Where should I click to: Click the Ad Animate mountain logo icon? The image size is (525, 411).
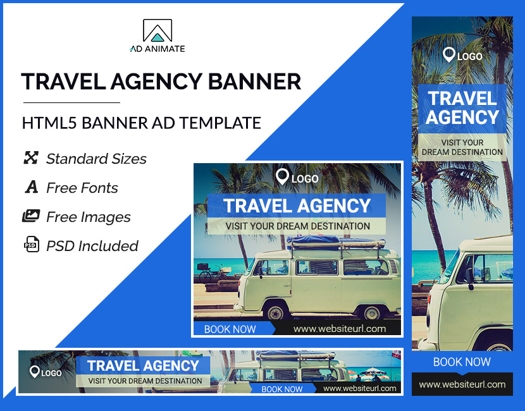[x=157, y=31]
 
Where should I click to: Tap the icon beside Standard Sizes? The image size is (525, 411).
[x=31, y=158]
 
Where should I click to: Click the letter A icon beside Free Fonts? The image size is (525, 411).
[x=31, y=187]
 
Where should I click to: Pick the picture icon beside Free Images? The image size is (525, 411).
[x=31, y=216]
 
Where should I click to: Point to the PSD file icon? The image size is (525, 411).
[x=31, y=245]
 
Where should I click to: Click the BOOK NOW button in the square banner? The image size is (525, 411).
[x=230, y=329]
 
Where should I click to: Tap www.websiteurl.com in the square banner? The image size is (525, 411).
[x=340, y=329]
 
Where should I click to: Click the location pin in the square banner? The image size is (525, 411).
[x=282, y=177]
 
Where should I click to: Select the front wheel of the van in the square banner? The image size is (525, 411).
[x=276, y=312]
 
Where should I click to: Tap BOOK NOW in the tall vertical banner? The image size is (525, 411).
[x=462, y=362]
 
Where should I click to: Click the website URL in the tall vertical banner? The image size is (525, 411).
[x=462, y=384]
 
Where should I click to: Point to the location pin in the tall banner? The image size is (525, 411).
[x=449, y=55]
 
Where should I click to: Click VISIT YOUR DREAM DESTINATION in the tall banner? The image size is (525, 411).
[x=462, y=147]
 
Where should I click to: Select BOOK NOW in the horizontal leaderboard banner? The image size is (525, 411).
[x=282, y=389]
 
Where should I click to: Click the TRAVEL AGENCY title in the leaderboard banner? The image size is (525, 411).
[x=144, y=365]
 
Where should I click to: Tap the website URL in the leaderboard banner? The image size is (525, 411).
[x=359, y=388]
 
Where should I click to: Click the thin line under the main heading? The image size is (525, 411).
[x=71, y=102]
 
